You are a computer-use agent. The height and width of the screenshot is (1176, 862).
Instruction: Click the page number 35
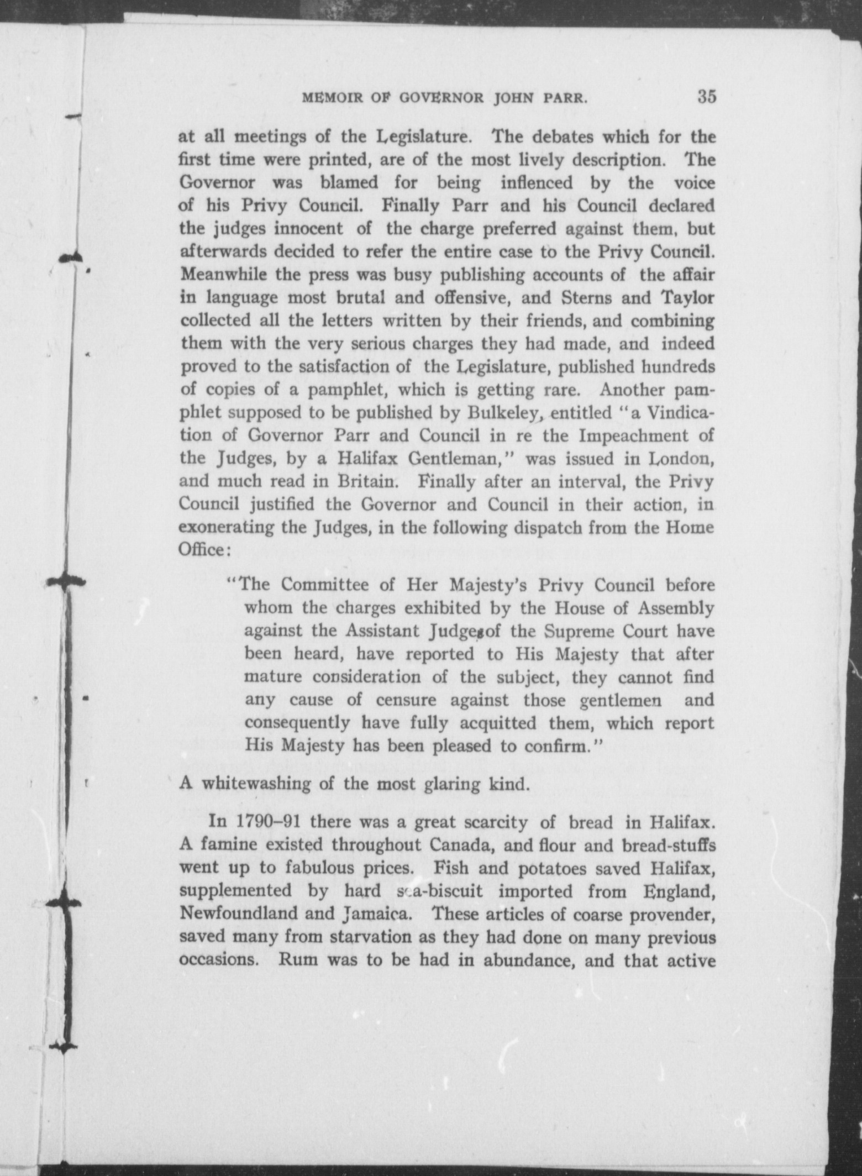pyautogui.click(x=706, y=97)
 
